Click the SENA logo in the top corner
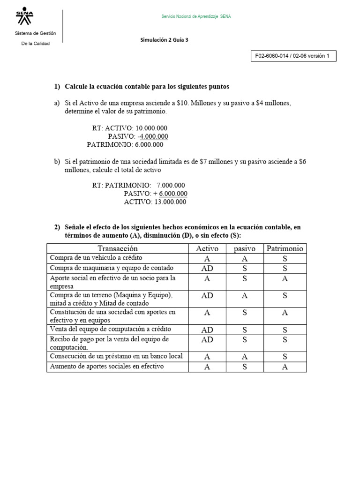pyautogui.click(x=24, y=16)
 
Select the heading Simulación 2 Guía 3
pyautogui.click(x=164, y=40)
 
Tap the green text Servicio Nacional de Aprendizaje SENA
pyautogui.click(x=196, y=16)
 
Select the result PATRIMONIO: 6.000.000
pyautogui.click(x=125, y=145)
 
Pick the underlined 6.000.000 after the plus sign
pyautogui.click(x=173, y=194)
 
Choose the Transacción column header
pyautogui.click(x=118, y=248)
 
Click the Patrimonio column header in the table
pyautogui.click(x=285, y=248)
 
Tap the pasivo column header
pyautogui.click(x=244, y=248)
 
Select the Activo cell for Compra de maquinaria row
pyautogui.click(x=207, y=268)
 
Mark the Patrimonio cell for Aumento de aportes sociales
pyautogui.click(x=285, y=367)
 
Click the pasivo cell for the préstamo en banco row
pyautogui.click(x=244, y=357)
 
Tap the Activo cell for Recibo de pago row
pyautogui.click(x=207, y=340)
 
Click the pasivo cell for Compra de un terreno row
pyautogui.click(x=244, y=295)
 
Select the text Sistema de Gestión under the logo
pyautogui.click(x=36, y=33)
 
